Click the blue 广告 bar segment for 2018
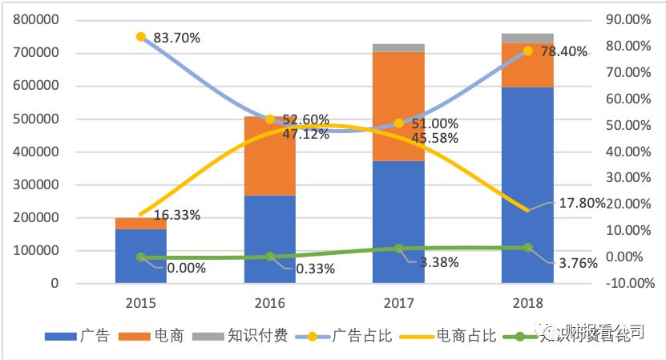click(x=527, y=184)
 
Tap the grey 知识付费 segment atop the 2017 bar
click(x=398, y=47)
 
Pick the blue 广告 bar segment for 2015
click(x=140, y=256)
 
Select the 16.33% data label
click(x=172, y=215)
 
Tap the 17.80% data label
click(x=580, y=203)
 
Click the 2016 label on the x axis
click(x=270, y=303)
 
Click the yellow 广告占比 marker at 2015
click(x=141, y=37)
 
